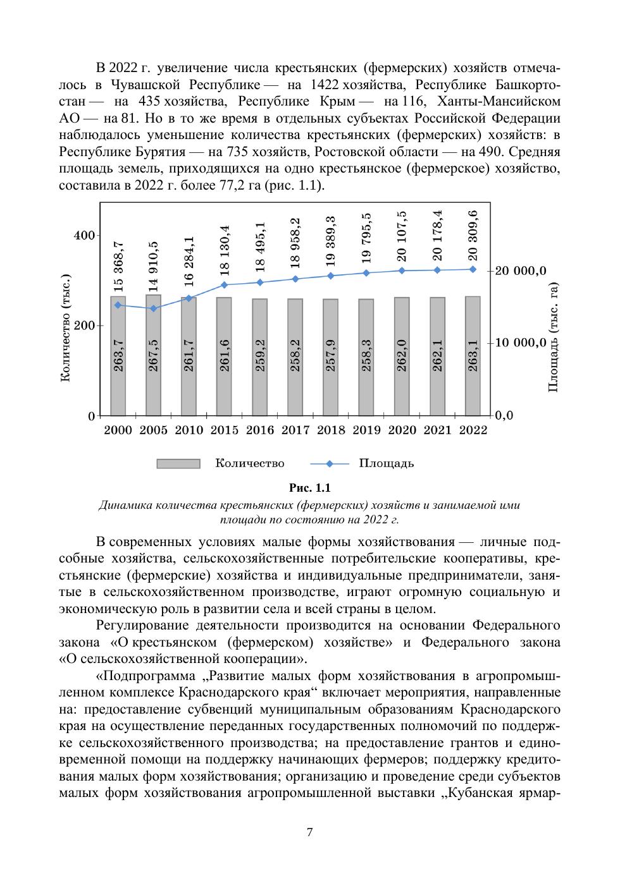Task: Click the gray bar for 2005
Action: (153, 355)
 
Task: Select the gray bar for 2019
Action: (366, 357)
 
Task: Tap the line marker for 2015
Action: (224, 285)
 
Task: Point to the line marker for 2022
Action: (473, 269)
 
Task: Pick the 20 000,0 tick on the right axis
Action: (521, 271)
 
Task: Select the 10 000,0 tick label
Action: (521, 343)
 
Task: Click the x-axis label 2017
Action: (295, 430)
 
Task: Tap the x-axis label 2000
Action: (118, 430)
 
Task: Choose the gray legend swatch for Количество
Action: (178, 464)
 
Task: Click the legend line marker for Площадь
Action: (329, 464)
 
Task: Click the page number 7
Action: (309, 832)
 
